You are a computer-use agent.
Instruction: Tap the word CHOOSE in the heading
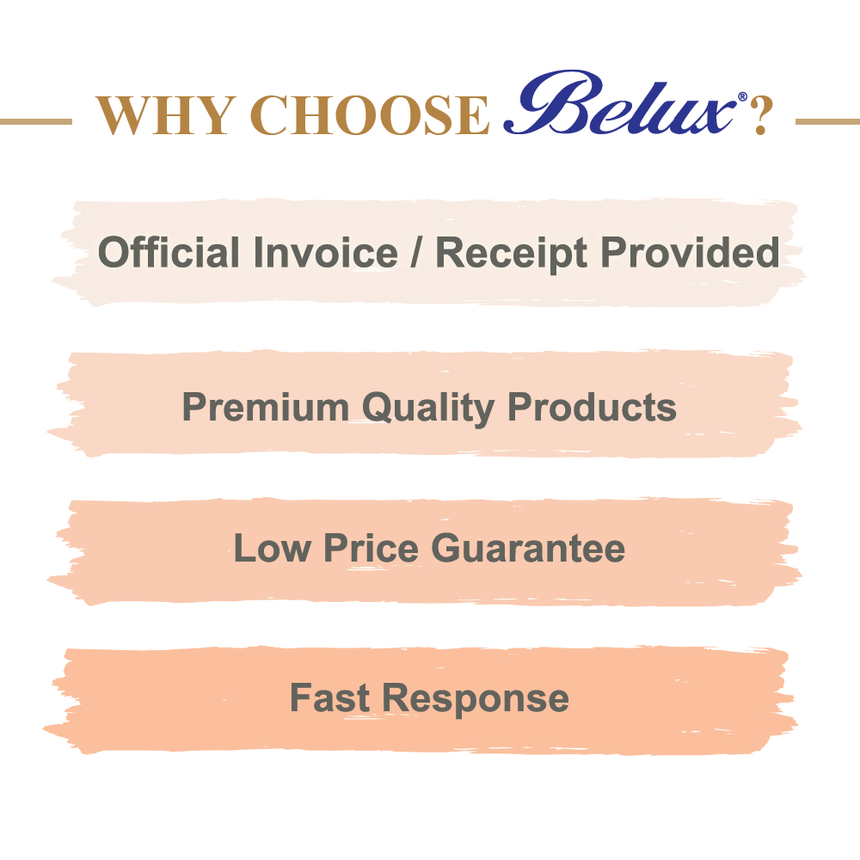[x=369, y=115]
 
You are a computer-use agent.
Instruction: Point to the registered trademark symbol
[x=743, y=97]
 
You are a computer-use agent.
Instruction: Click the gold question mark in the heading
[x=762, y=114]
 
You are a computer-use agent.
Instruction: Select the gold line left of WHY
[x=35, y=121]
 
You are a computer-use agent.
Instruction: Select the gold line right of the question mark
[x=827, y=121]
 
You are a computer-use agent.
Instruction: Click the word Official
[x=169, y=252]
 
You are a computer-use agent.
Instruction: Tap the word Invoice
[x=326, y=252]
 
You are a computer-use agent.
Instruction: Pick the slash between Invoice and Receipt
[x=417, y=254]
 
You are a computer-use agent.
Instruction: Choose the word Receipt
[x=511, y=255]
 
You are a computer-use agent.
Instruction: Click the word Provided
[x=690, y=252]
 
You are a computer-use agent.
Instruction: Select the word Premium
[x=266, y=408]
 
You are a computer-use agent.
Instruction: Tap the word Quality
[x=428, y=409]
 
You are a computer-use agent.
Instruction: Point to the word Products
[x=592, y=407]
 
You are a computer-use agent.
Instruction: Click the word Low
[x=272, y=548]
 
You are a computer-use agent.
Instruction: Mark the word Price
[x=372, y=548]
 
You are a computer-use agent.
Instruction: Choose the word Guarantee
[x=528, y=548]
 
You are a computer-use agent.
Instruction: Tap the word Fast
[x=329, y=697]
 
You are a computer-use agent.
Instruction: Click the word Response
[x=476, y=700]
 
